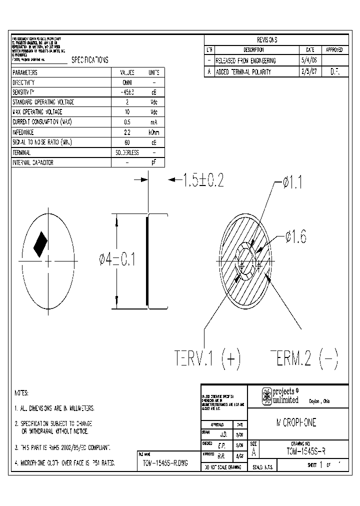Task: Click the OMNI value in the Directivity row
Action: tap(127, 82)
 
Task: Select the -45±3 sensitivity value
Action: tap(127, 92)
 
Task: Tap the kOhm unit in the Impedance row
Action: tap(154, 132)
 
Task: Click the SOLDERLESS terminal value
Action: tap(127, 152)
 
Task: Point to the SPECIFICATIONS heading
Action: tap(90, 60)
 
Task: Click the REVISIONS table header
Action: tap(266, 40)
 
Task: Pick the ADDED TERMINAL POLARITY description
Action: tap(243, 72)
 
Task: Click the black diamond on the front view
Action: tap(40, 244)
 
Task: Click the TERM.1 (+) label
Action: tap(208, 358)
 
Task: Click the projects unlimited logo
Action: tap(280, 395)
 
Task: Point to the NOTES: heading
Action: tap(21, 393)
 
